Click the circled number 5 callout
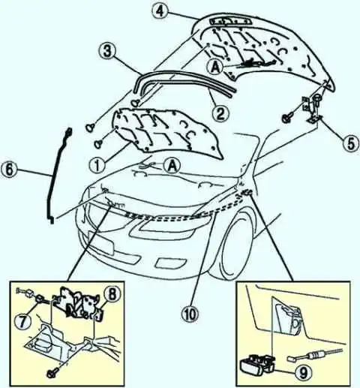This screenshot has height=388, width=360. pyautogui.click(x=351, y=143)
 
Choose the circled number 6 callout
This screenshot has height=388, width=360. pyautogui.click(x=10, y=170)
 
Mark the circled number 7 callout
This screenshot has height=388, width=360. pyautogui.click(x=23, y=321)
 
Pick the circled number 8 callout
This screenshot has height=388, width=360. pyautogui.click(x=112, y=294)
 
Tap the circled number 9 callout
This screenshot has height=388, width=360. pyautogui.click(x=303, y=373)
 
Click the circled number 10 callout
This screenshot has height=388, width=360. pyautogui.click(x=191, y=313)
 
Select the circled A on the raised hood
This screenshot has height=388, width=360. pyautogui.click(x=215, y=68)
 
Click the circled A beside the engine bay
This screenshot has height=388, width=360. pyautogui.click(x=172, y=165)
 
